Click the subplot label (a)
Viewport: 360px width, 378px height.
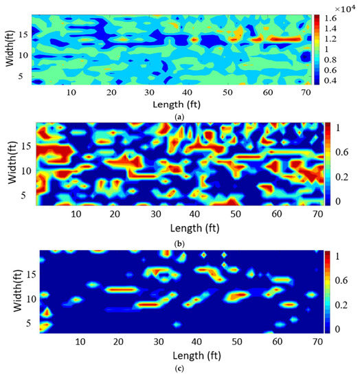coord(179,117)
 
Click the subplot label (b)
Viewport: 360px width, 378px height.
coord(179,241)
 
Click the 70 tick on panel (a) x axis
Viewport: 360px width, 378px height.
coord(304,93)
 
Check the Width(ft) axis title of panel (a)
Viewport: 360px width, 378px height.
coord(8,48)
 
